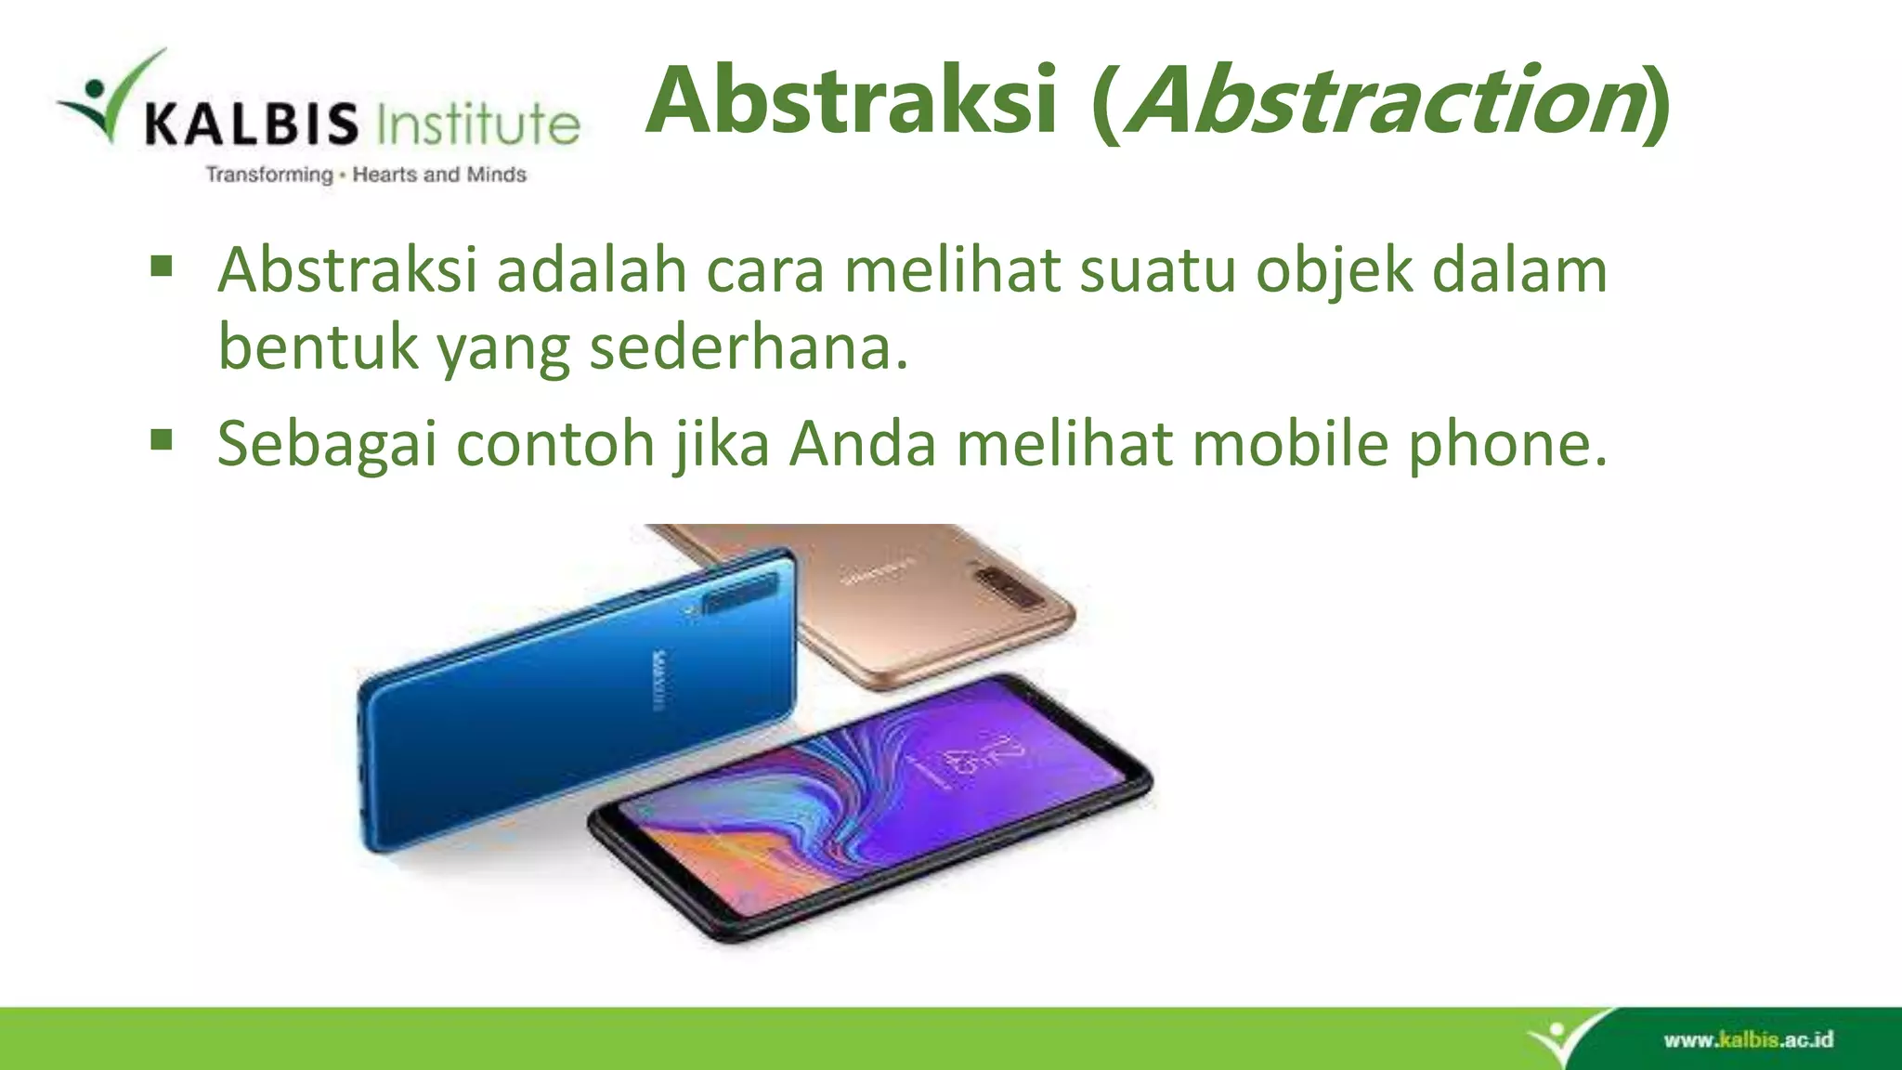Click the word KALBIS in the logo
click(251, 124)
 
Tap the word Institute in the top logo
click(478, 124)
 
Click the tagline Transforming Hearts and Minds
click(366, 175)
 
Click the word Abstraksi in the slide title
click(852, 100)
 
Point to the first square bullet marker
click(162, 267)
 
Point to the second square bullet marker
click(162, 439)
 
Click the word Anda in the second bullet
click(863, 444)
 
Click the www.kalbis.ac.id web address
click(1748, 1039)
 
